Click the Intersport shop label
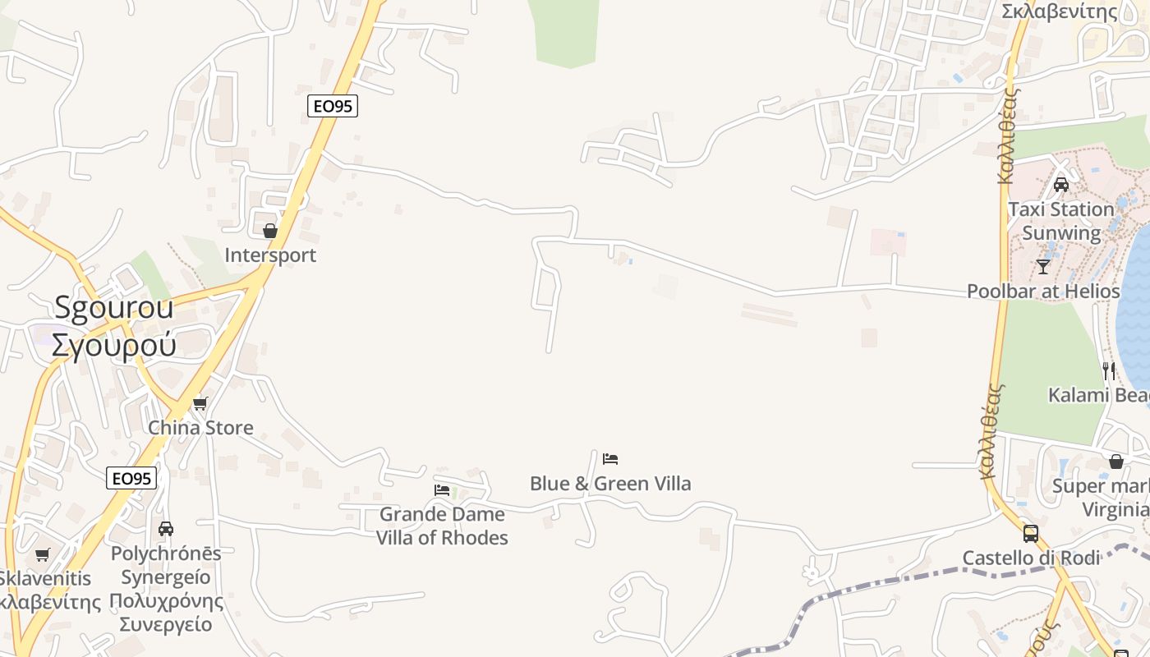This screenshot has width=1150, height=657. click(270, 255)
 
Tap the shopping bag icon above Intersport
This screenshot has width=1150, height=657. click(270, 231)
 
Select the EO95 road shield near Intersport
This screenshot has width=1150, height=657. click(333, 106)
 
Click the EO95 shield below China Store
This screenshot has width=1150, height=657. click(131, 478)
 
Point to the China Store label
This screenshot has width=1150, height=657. click(200, 428)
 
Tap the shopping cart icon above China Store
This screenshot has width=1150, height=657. click(200, 403)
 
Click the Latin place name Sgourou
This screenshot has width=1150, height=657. click(114, 307)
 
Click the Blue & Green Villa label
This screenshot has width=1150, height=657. click(610, 484)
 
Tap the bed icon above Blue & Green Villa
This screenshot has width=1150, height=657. click(610, 459)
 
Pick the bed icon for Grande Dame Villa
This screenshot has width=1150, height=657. click(442, 490)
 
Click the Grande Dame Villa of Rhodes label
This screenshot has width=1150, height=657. click(442, 526)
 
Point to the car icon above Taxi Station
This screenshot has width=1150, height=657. click(1061, 185)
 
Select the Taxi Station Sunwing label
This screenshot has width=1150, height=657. click(1061, 221)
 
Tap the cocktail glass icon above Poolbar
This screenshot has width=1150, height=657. click(1043, 267)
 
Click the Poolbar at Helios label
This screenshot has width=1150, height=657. click(1043, 292)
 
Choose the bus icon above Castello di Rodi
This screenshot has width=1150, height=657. click(1031, 534)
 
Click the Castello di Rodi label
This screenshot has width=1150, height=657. click(1031, 558)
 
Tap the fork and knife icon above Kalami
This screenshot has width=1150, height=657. click(1109, 370)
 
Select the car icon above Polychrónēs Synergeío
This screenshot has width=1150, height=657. click(166, 529)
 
